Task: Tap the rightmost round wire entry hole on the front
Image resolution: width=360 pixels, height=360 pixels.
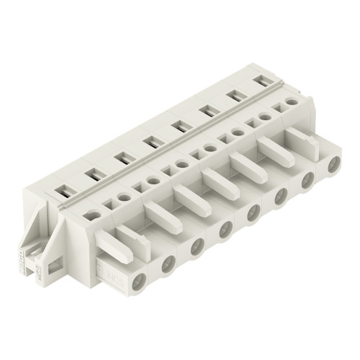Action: (333, 168)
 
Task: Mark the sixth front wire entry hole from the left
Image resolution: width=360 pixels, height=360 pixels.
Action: (280, 199)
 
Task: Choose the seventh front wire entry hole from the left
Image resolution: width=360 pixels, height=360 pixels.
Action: (307, 183)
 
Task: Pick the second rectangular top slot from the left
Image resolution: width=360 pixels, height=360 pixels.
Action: (91, 174)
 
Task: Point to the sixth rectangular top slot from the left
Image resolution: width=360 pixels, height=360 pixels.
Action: (207, 109)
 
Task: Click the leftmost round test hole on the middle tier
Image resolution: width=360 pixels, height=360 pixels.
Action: (94, 215)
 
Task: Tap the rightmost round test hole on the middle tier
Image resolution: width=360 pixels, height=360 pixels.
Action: (292, 102)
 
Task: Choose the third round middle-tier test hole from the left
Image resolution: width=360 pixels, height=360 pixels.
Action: (153, 181)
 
